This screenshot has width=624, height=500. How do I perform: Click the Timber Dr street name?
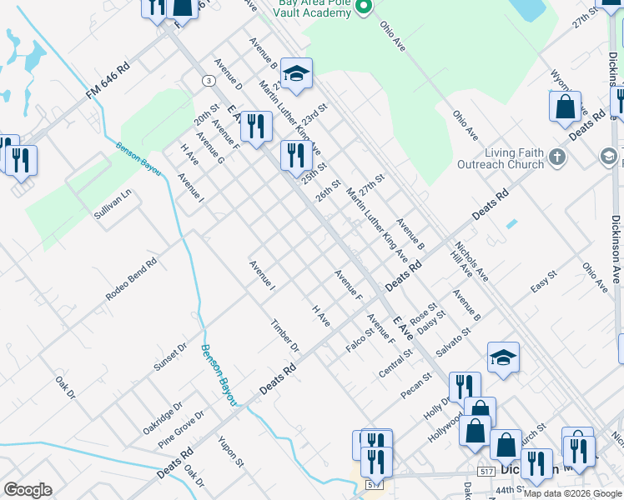pyautogui.click(x=284, y=335)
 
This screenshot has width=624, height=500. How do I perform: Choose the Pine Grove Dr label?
pyautogui.click(x=181, y=427)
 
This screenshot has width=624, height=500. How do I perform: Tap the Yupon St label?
pyautogui.click(x=230, y=451)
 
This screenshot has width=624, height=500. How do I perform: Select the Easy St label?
pyautogui.click(x=543, y=282)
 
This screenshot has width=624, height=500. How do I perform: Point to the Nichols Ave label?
pyautogui.click(x=471, y=261)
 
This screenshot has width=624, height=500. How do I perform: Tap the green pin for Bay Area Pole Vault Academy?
pyautogui.click(x=363, y=7)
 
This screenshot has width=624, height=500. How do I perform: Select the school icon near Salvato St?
pyautogui.click(x=503, y=357)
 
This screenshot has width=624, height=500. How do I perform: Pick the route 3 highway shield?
pyautogui.click(x=206, y=80)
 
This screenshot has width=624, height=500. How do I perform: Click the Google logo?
pyautogui.click(x=28, y=490)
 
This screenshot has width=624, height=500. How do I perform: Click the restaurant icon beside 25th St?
pyautogui.click(x=295, y=153)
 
